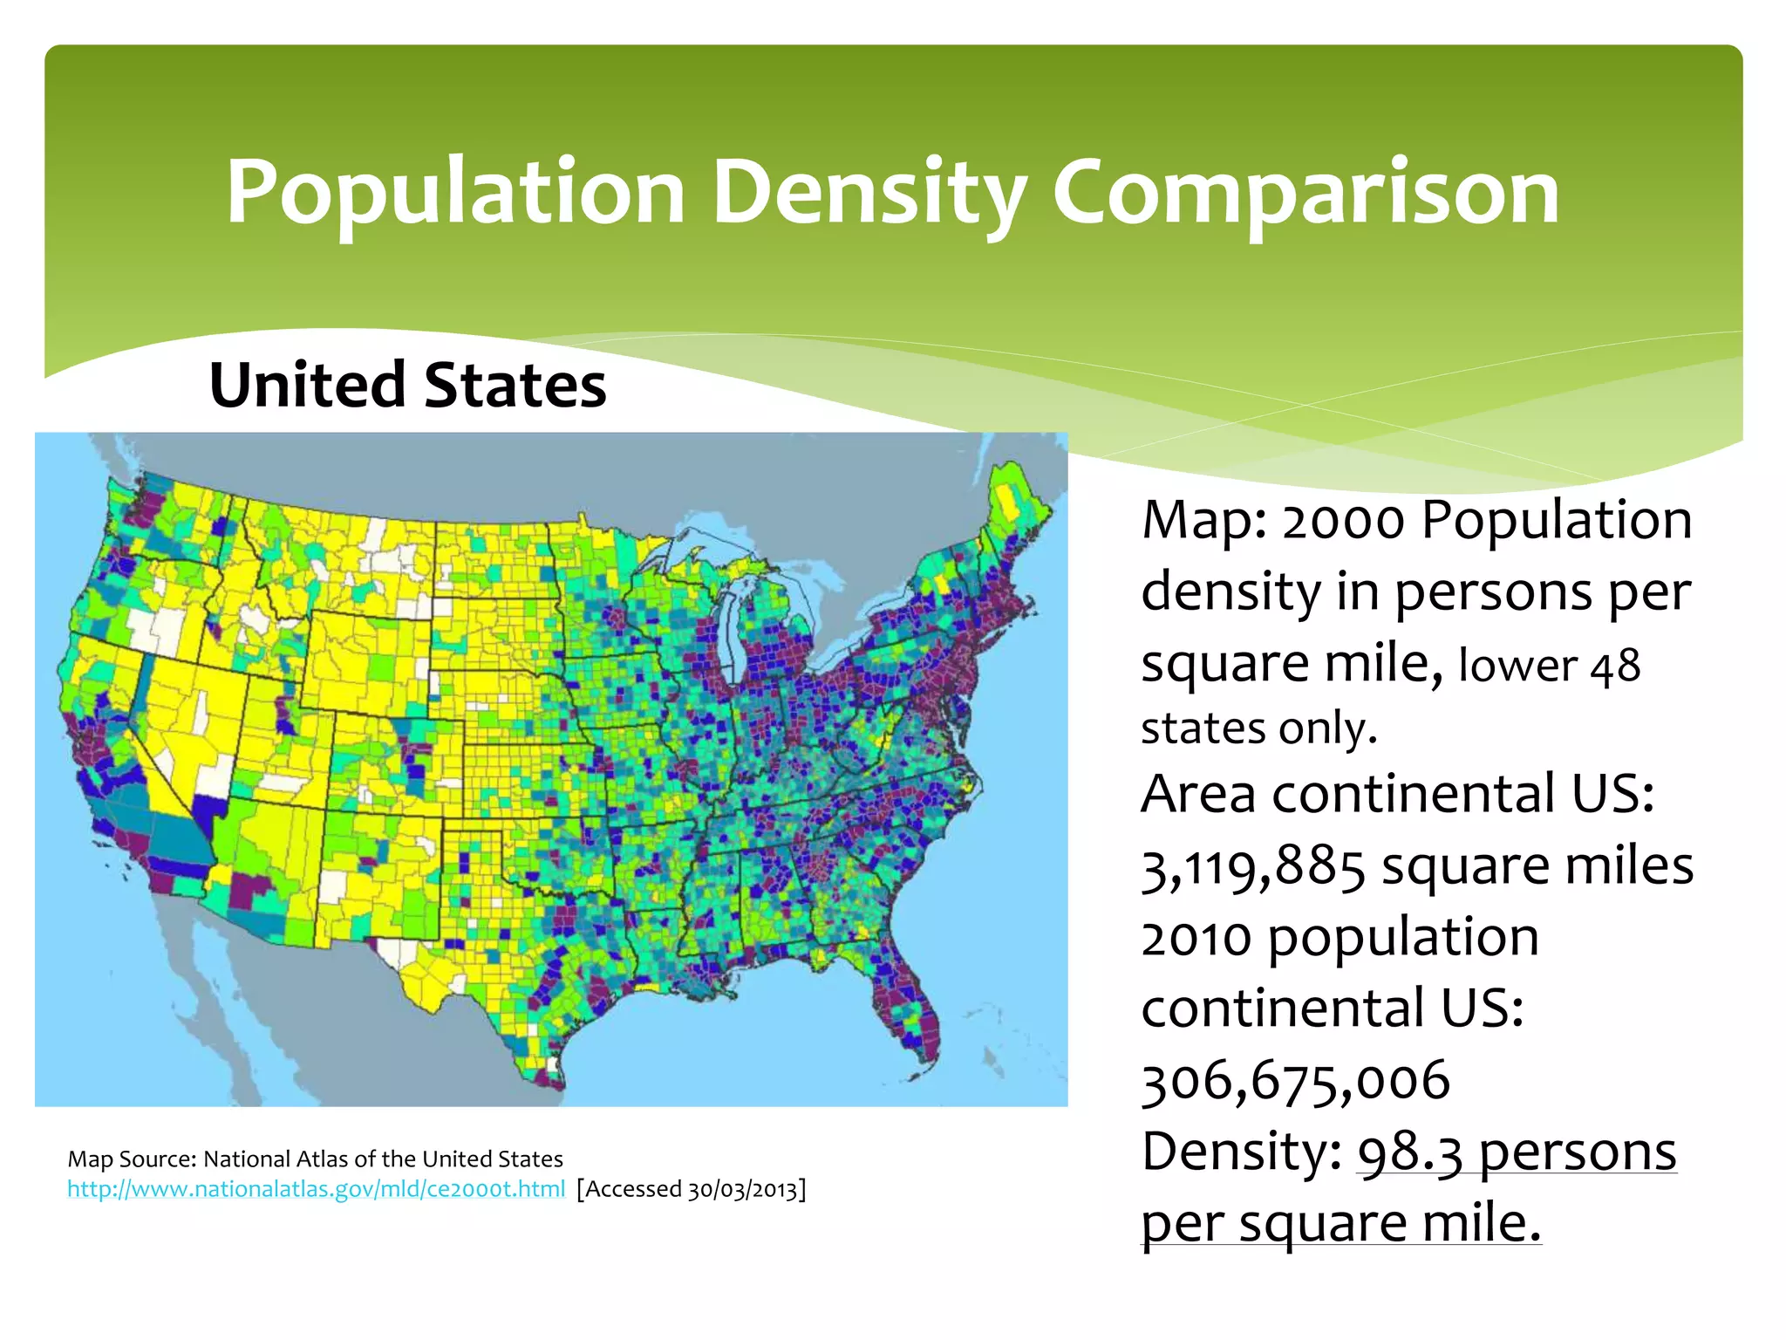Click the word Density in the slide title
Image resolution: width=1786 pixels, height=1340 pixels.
(x=868, y=193)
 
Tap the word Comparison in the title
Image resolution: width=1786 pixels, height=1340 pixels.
(x=1305, y=193)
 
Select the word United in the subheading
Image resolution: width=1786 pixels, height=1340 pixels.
(x=307, y=385)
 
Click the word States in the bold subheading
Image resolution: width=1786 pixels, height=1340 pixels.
(x=515, y=385)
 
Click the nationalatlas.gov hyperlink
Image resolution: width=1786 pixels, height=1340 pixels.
(x=316, y=1189)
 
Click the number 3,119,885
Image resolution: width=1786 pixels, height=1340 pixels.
(x=1252, y=867)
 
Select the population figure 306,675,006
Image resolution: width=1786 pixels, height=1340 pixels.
(x=1295, y=1081)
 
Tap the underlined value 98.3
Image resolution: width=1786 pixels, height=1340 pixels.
(x=1409, y=1152)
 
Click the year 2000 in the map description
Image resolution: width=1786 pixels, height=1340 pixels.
(x=1343, y=521)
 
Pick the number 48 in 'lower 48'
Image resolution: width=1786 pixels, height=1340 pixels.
(x=1614, y=667)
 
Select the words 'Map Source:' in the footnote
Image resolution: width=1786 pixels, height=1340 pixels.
(x=133, y=1159)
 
